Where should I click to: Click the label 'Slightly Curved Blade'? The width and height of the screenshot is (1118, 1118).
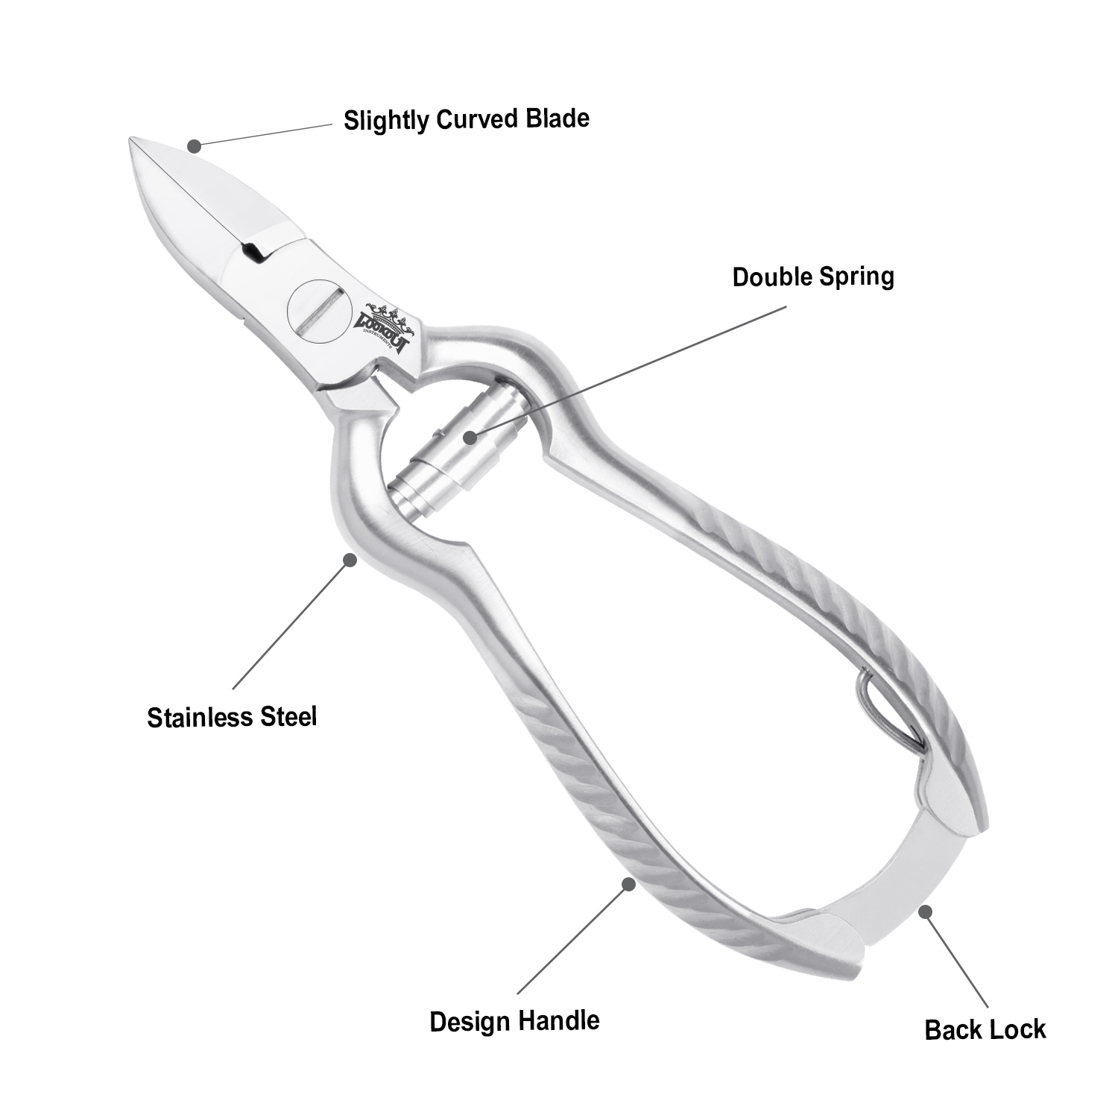pos(466,119)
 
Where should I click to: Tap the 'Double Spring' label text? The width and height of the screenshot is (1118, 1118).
pos(812,277)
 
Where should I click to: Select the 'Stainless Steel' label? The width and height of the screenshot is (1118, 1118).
pos(232,717)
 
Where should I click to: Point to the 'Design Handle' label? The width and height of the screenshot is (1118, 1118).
pos(514,1020)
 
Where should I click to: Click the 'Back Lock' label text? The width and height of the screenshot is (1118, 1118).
pos(985,1030)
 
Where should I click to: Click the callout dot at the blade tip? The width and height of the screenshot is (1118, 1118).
pos(194,146)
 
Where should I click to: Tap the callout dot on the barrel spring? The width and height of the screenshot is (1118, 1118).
pos(469,437)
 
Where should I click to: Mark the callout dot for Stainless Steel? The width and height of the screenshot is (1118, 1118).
pos(349,559)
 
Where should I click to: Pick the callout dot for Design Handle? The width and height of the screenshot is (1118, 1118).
pos(628,884)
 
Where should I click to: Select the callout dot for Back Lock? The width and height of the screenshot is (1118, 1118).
pos(925,911)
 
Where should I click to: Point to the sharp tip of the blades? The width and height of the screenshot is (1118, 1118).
pos(134,141)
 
